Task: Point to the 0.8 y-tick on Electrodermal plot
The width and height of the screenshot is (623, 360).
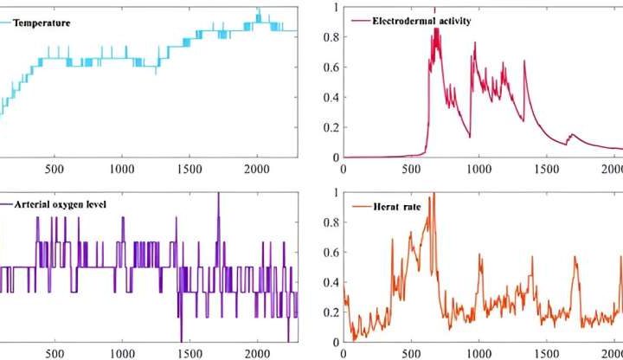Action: (x=330, y=37)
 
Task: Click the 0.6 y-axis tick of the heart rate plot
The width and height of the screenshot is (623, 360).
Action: (x=330, y=253)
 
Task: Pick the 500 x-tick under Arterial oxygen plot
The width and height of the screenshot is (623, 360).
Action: (x=54, y=353)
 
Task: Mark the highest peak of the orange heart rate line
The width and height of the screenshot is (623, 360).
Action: (x=434, y=195)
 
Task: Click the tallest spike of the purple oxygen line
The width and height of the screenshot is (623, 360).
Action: (x=218, y=194)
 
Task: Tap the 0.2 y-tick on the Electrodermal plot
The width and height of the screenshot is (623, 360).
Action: (x=330, y=127)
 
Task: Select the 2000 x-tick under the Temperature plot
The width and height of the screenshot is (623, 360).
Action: (x=257, y=170)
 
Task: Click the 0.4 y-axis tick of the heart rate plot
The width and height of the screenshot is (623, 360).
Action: (x=330, y=282)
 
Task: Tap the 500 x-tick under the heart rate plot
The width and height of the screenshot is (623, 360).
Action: (x=411, y=353)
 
